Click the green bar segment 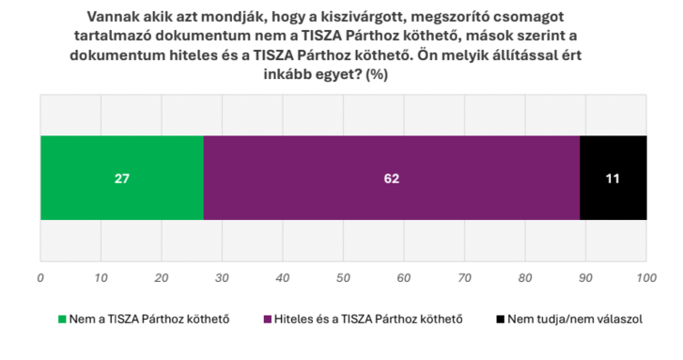pos(121,178)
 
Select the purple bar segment pos(392,178)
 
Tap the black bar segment pos(613,178)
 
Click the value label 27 pos(121,178)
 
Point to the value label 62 pos(392,178)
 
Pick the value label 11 pos(613,178)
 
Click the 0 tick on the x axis pos(40,278)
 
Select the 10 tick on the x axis pos(101,278)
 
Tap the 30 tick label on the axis pos(223,278)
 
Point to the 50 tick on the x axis pos(344,278)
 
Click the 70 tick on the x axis pos(465,278)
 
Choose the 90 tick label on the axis pos(586,278)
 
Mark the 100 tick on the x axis pos(646,278)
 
